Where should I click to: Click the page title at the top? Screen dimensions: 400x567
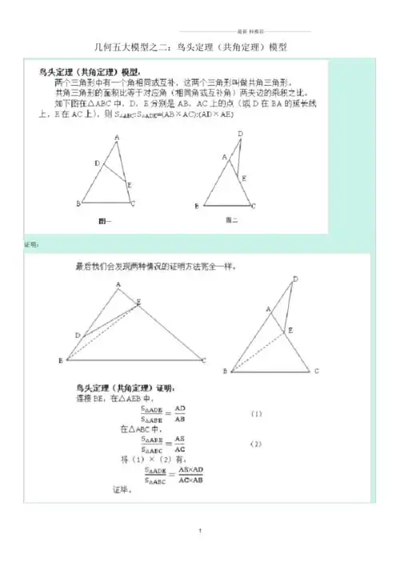pos(200,46)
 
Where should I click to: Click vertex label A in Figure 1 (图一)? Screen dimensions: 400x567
pos(118,136)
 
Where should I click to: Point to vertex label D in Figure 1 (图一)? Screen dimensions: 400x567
pos(96,163)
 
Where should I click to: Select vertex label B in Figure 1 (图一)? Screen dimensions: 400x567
pos(78,203)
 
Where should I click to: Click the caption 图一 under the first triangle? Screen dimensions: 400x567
pos(105,219)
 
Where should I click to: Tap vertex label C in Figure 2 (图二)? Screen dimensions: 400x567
pos(254,206)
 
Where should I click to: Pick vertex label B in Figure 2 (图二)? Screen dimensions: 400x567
pos(197,206)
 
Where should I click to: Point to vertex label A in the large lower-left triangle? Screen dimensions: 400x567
pos(118,284)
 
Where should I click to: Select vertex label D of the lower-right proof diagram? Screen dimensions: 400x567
pos(295,279)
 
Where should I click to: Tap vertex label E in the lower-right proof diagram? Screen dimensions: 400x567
pos(289,330)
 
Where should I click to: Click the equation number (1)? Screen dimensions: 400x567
pos(255,414)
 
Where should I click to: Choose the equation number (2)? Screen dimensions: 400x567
pos(255,444)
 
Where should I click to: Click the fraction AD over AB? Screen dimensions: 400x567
pos(181,413)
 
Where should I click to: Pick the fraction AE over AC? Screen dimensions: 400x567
pos(181,444)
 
